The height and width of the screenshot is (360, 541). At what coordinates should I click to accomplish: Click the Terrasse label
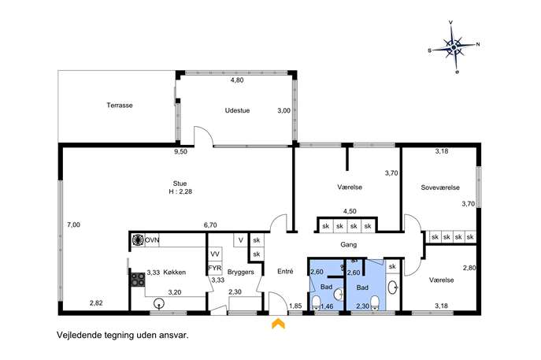pos(120,106)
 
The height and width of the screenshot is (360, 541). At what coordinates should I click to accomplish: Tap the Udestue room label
pos(237,110)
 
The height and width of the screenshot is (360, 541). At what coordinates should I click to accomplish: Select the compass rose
pos(454,47)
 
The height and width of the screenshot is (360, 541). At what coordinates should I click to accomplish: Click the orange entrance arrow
pos(278,324)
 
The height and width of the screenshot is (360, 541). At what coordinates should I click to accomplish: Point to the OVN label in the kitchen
pos(152,240)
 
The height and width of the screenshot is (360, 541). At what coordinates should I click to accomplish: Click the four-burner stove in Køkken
pos(137,280)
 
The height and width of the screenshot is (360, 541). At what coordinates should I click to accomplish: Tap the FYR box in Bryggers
pos(215,268)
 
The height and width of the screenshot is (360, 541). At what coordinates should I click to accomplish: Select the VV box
pos(215,254)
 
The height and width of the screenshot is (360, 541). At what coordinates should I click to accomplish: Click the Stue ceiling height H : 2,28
pos(180,191)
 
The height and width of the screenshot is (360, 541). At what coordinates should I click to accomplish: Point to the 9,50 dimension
pos(180,151)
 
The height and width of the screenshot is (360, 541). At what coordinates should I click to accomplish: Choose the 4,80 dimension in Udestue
pos(237,80)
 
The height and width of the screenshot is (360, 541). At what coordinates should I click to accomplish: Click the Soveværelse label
pos(440,187)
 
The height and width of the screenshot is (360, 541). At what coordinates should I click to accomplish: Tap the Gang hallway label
pos(349,245)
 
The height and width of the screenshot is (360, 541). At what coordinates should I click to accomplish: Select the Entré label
pos(285,272)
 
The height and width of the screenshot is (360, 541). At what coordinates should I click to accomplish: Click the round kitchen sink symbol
pos(158,303)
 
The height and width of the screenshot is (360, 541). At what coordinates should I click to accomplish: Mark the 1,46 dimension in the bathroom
pos(327,306)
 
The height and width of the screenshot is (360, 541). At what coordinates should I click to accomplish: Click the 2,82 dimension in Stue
pos(96,303)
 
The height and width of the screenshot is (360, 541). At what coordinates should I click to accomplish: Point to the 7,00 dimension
pos(73,225)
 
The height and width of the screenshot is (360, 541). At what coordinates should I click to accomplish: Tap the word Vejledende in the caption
pos(80,335)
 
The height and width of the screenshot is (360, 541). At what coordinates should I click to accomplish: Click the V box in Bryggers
pos(241,240)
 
